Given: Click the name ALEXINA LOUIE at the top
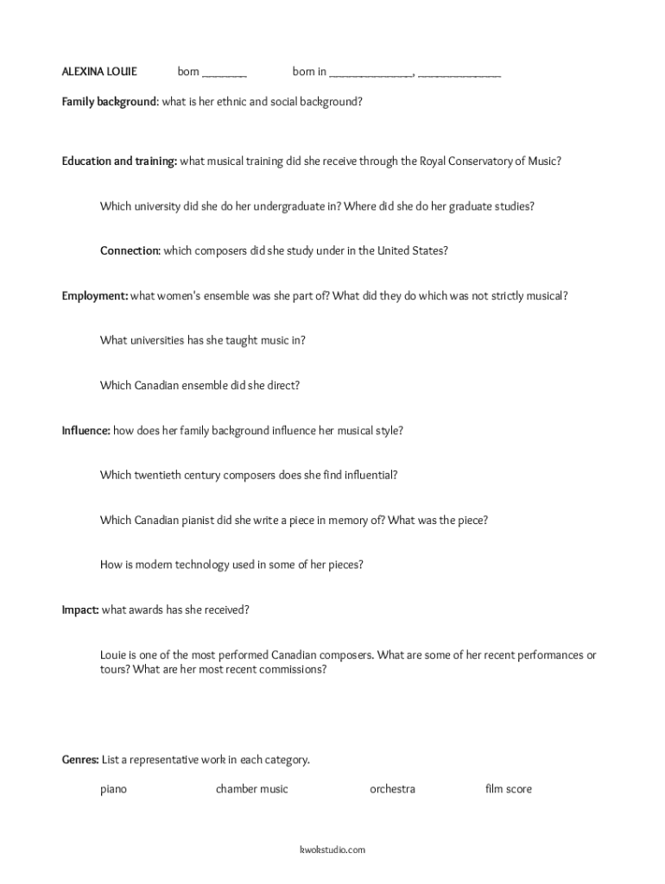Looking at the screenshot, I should (x=98, y=72).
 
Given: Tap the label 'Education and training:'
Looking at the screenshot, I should (x=119, y=161).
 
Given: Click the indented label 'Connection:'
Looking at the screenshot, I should (x=130, y=251).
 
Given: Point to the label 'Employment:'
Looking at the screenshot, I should (x=94, y=296).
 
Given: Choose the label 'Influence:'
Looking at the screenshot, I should (x=85, y=430).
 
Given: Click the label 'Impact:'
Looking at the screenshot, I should (x=79, y=609).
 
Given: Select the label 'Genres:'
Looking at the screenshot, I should (x=80, y=761).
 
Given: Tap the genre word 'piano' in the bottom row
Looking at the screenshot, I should (x=113, y=789).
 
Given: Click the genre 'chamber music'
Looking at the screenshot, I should (x=252, y=789).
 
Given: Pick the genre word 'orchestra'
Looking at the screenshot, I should (x=392, y=789).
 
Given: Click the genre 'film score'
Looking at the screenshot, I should (x=509, y=789).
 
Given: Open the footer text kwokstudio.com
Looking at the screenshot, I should (x=332, y=849).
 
